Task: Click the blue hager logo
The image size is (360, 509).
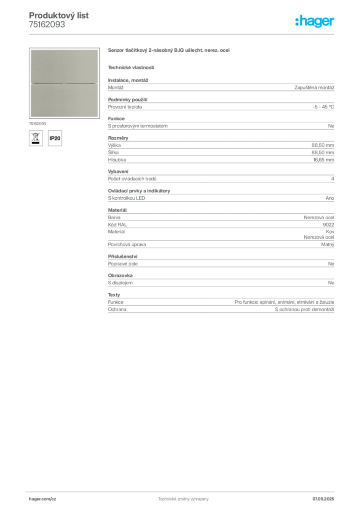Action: (x=315, y=22)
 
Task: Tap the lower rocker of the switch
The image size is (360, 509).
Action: (x=64, y=99)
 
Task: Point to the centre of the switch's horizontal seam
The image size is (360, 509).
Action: (x=64, y=83)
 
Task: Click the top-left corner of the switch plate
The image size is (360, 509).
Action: (x=30, y=49)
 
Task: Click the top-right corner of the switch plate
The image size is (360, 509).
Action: (x=98, y=49)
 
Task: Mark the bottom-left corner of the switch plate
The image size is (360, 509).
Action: (x=30, y=117)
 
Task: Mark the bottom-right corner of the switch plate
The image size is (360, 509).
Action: (x=98, y=117)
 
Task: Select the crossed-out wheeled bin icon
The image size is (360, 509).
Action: (x=35, y=138)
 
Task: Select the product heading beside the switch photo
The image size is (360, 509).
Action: (x=169, y=51)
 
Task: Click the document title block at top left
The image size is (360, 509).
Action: (x=60, y=20)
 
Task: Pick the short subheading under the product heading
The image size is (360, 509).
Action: (x=131, y=67)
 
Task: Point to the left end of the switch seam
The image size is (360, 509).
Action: (x=31, y=83)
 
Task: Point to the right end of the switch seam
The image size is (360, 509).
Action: (x=97, y=83)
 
